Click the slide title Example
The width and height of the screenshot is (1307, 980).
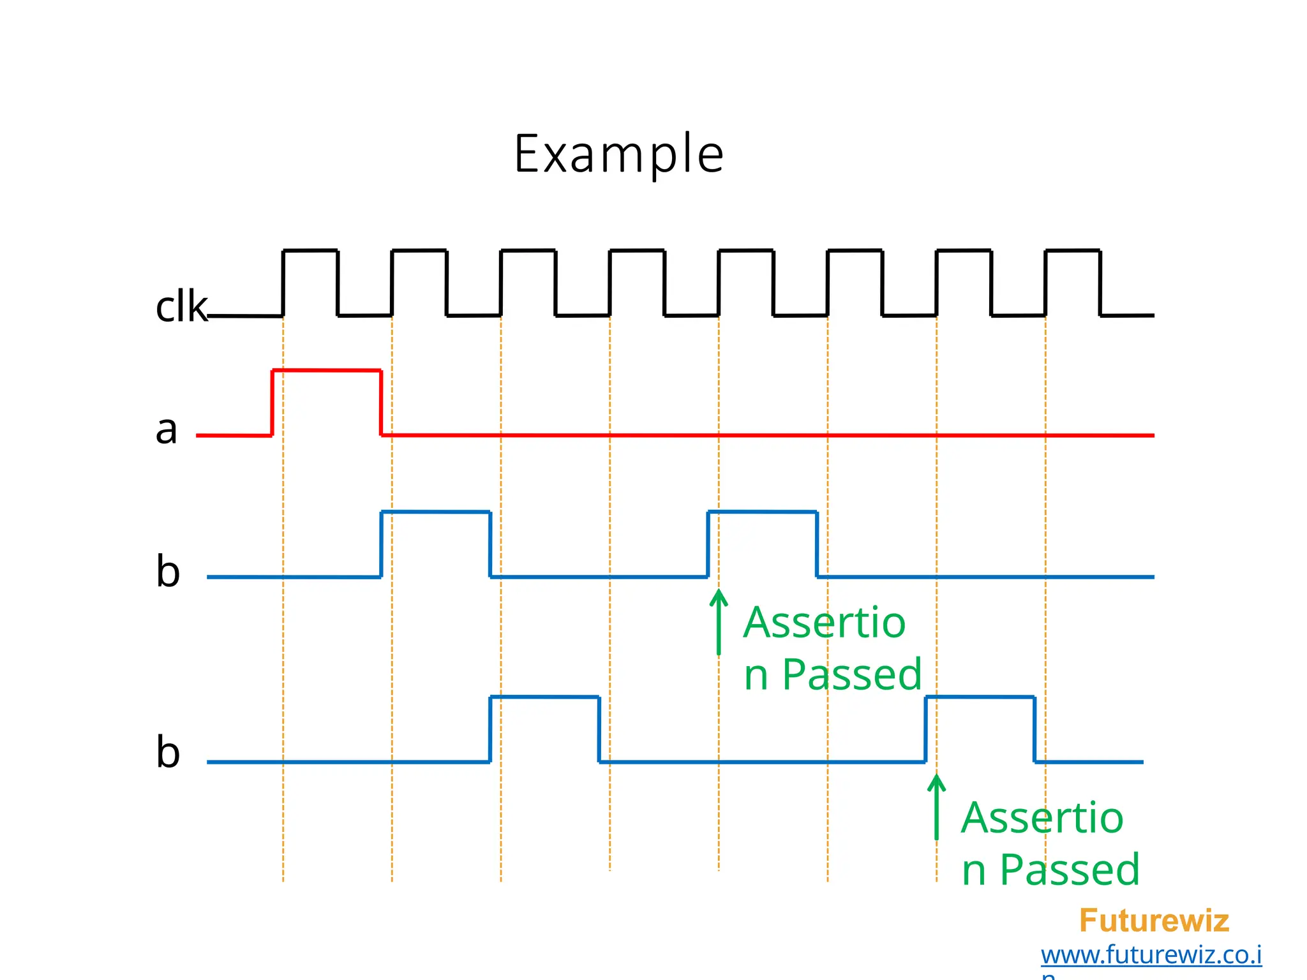[x=618, y=155]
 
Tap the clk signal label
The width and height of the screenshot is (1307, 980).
[x=181, y=307]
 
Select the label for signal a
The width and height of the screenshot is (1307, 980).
[x=167, y=429]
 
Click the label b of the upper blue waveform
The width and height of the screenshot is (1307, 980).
[x=168, y=570]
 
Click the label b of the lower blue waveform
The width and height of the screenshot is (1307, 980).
[x=168, y=752]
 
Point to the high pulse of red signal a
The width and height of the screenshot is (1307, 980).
[x=327, y=371]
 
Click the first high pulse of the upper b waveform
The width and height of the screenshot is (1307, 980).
[x=436, y=512]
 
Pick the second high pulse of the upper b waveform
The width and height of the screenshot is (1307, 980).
[x=762, y=512]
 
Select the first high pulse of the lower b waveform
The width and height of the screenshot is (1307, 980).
[x=544, y=697]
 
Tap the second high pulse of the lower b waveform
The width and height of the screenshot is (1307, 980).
[x=980, y=697]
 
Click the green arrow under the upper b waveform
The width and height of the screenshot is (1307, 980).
[x=719, y=622]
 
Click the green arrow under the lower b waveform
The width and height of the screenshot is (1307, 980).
[x=936, y=807]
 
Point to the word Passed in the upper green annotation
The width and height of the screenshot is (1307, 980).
[x=852, y=674]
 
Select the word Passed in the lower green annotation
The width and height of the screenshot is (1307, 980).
[x=1070, y=870]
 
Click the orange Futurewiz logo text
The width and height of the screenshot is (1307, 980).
[x=1154, y=921]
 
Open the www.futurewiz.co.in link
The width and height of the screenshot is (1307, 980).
[x=1151, y=955]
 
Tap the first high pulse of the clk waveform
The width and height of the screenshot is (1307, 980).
[x=310, y=251]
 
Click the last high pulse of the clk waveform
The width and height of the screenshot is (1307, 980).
[x=1073, y=251]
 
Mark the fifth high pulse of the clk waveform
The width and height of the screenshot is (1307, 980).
[x=746, y=251]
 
